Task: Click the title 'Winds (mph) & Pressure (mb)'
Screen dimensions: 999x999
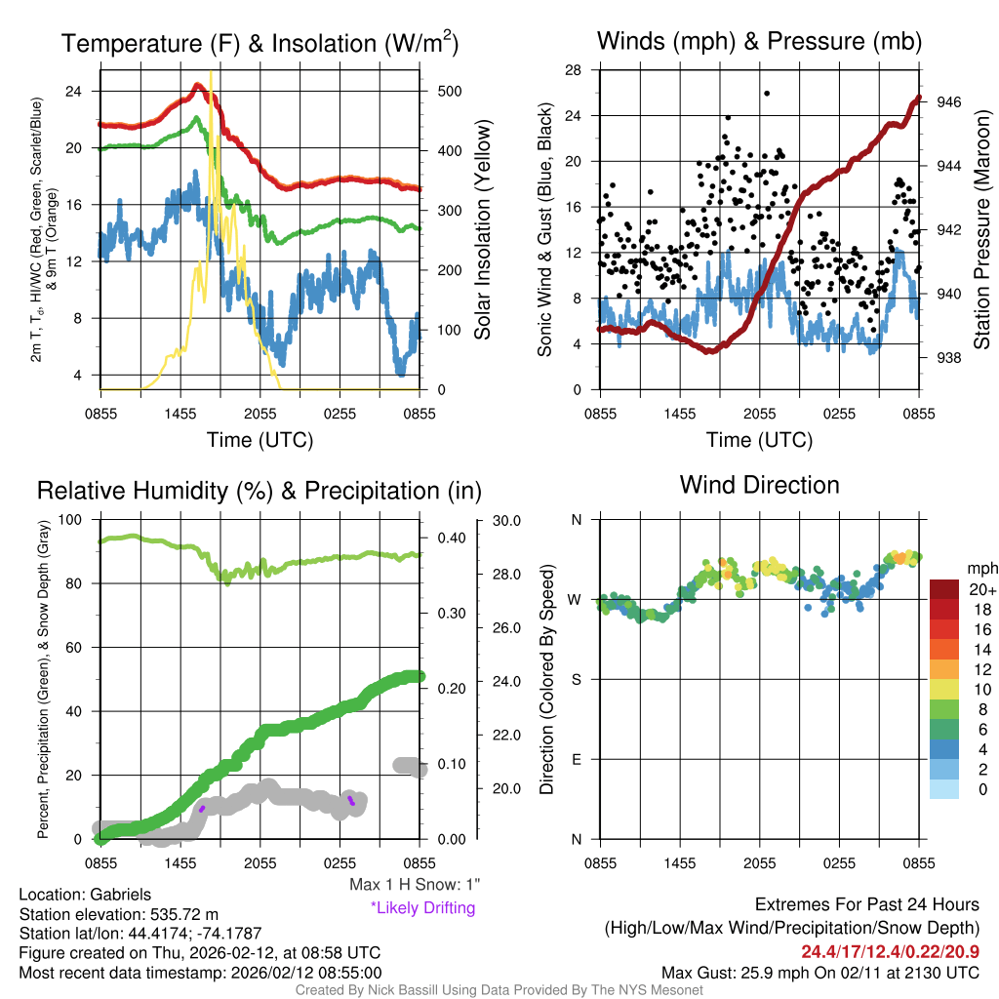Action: (759, 41)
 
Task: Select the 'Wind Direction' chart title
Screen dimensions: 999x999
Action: (759, 485)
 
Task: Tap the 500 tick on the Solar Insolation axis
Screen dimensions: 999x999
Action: (448, 91)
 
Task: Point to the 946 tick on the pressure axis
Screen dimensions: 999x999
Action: (949, 101)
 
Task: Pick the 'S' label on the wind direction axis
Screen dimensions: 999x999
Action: (576, 679)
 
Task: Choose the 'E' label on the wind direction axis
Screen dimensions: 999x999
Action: (576, 759)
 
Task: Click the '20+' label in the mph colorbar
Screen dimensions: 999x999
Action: (981, 589)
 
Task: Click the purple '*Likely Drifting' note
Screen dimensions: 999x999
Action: (422, 907)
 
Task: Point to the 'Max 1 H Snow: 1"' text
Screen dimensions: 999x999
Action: (415, 884)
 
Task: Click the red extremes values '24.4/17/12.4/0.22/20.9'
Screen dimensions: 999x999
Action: (891, 951)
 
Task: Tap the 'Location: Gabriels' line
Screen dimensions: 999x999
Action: (85, 895)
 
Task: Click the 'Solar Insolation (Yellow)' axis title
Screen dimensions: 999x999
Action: (483, 230)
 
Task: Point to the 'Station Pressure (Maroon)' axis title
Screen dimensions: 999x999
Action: (982, 230)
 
